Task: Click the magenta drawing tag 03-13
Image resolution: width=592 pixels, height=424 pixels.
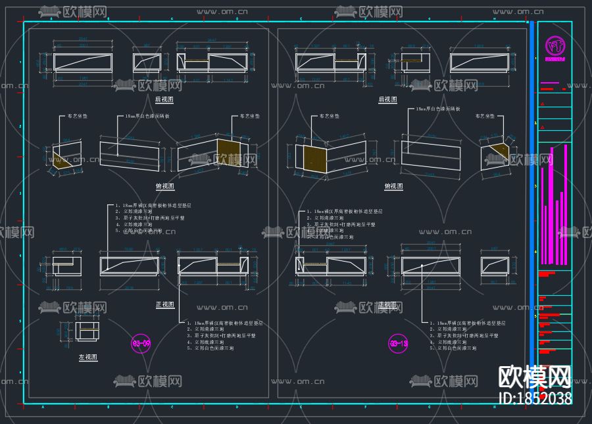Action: [x=399, y=343]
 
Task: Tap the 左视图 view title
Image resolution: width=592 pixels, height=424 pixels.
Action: [x=88, y=357]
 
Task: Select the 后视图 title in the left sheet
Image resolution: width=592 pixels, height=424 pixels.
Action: [x=164, y=99]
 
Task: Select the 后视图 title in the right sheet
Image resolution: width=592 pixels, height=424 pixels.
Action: [x=388, y=99]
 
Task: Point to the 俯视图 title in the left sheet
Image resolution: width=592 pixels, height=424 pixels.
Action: [x=164, y=186]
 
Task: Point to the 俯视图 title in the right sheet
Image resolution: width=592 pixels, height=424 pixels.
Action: [x=394, y=186]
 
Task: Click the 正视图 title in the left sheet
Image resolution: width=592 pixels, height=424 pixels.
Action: [x=164, y=304]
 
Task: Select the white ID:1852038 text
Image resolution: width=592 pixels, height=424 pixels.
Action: [x=535, y=398]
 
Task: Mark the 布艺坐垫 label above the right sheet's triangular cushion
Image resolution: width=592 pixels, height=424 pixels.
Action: [x=485, y=116]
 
